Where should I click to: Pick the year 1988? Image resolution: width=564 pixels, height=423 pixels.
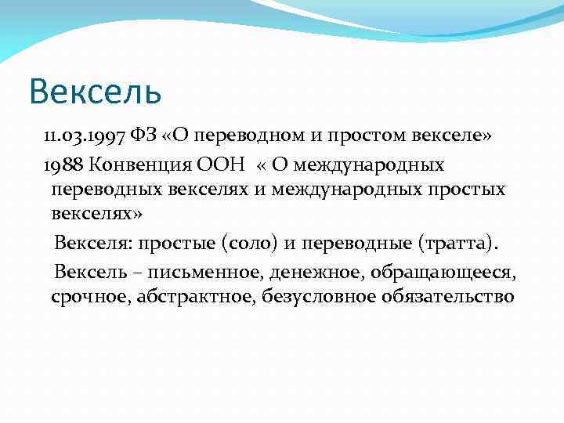tap(67, 165)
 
